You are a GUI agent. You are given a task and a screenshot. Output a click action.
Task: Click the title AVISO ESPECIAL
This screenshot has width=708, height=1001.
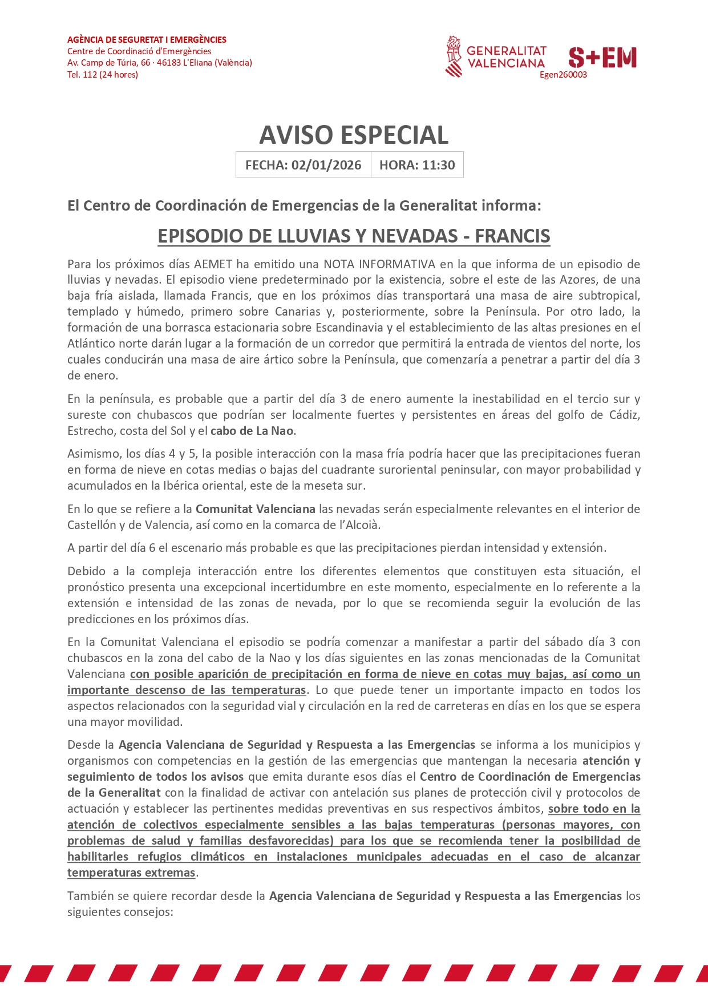coord(354,135)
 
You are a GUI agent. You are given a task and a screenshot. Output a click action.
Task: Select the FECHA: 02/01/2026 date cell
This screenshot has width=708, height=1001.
coord(303,165)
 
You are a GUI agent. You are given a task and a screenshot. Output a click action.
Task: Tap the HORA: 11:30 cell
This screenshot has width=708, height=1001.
coord(417,165)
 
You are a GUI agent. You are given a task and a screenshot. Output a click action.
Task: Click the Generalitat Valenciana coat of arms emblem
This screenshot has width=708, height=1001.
coord(454,56)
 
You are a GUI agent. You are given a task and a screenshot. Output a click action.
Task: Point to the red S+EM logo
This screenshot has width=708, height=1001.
coord(602,58)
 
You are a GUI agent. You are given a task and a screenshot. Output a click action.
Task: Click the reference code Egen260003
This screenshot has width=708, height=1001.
coord(563,75)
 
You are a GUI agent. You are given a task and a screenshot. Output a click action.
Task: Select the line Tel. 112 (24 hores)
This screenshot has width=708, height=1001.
coord(103,75)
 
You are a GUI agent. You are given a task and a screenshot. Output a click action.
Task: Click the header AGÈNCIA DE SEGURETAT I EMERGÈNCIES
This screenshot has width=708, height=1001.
coord(147,40)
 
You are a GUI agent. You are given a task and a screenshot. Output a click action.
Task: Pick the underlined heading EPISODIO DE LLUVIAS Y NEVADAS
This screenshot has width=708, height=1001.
coord(354,236)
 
